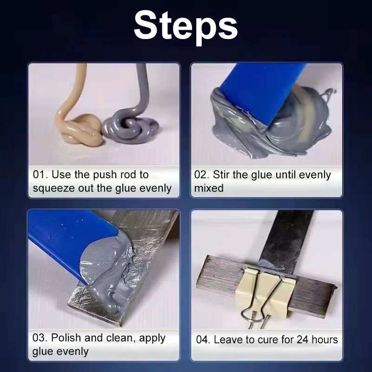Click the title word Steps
click(x=186, y=27)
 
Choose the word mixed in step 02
click(x=209, y=188)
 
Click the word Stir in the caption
click(x=222, y=175)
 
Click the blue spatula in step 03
click(x=71, y=239)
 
